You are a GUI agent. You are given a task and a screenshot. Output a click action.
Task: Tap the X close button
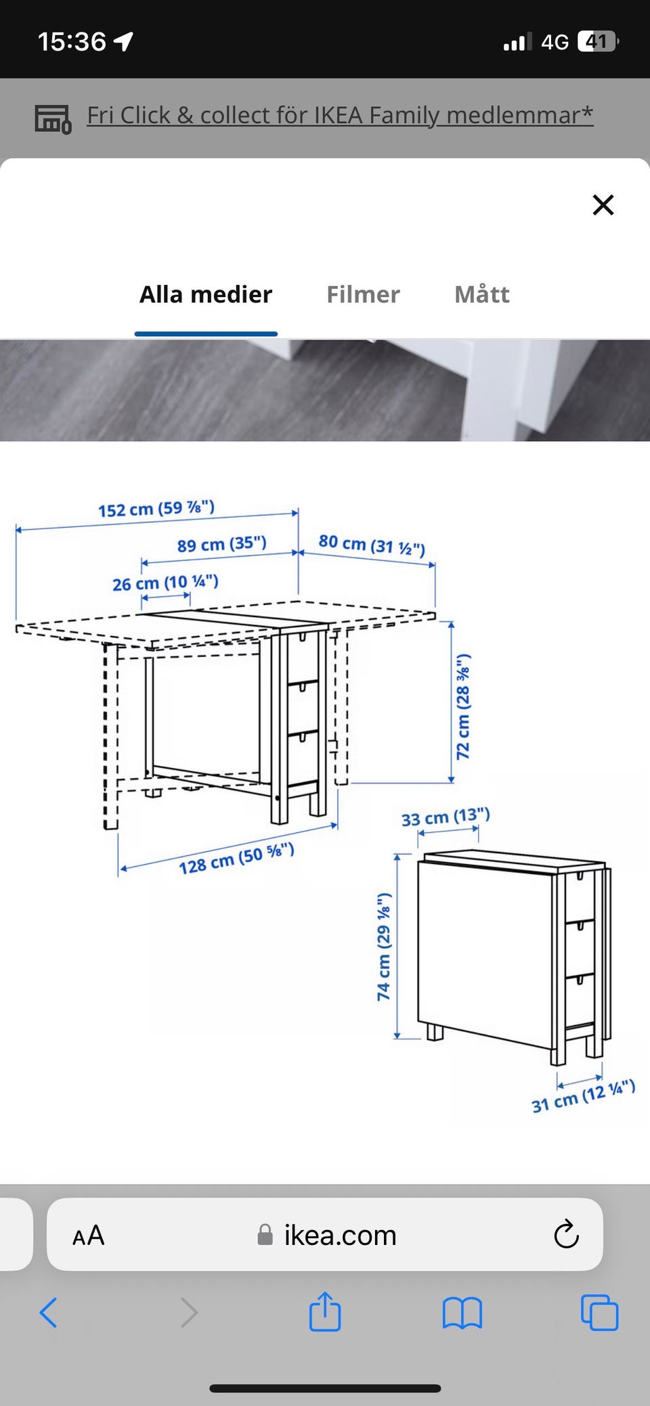pyautogui.click(x=603, y=204)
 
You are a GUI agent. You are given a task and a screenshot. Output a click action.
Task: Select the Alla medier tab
pyautogui.click(x=206, y=294)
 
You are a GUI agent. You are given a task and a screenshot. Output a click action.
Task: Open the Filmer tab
pyautogui.click(x=363, y=294)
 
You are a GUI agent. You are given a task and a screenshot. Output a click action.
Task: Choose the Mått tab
pyautogui.click(x=482, y=294)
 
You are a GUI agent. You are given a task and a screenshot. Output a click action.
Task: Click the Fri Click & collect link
pyautogui.click(x=340, y=115)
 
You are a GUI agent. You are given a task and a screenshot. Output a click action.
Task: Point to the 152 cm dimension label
pyautogui.click(x=156, y=508)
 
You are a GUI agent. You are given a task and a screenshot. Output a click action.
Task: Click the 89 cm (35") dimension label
pyautogui.click(x=222, y=544)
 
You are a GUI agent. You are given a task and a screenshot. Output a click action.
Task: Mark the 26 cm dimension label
pyautogui.click(x=165, y=583)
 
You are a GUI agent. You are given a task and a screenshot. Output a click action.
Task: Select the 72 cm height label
pyautogui.click(x=463, y=706)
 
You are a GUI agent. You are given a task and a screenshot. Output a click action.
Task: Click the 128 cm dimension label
pyautogui.click(x=236, y=859)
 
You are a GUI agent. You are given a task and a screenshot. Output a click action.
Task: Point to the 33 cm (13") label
pyautogui.click(x=446, y=817)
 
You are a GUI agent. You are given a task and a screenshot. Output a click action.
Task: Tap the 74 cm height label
pyautogui.click(x=384, y=947)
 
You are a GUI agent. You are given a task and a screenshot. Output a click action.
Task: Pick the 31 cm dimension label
pyautogui.click(x=583, y=1096)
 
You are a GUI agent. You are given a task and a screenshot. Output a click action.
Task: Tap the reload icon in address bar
pyautogui.click(x=566, y=1235)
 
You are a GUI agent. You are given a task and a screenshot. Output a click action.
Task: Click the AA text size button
pyautogui.click(x=89, y=1235)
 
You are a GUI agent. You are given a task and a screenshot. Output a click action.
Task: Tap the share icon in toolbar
pyautogui.click(x=325, y=1311)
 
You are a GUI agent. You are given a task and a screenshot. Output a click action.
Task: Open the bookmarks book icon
pyautogui.click(x=462, y=1313)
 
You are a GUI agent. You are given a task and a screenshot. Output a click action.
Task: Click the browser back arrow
pyautogui.click(x=48, y=1313)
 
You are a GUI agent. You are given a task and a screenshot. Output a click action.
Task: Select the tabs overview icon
pyautogui.click(x=600, y=1313)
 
